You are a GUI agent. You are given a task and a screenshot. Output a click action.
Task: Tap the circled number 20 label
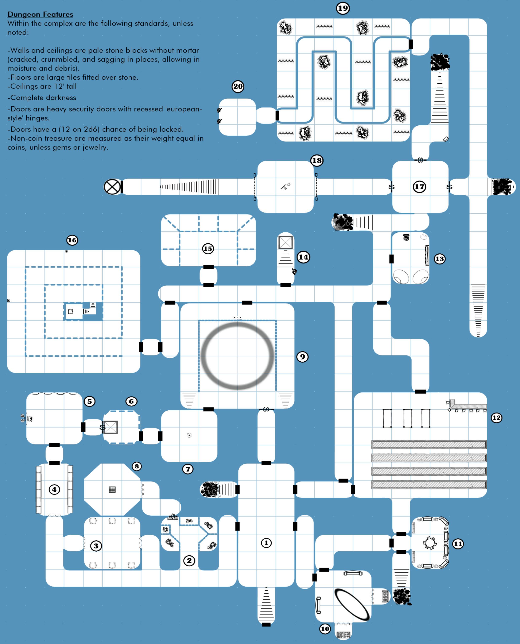pyautogui.click(x=238, y=87)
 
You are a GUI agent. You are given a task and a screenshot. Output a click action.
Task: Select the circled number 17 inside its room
pyautogui.click(x=419, y=187)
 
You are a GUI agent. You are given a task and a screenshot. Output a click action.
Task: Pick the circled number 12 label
pyautogui.click(x=496, y=418)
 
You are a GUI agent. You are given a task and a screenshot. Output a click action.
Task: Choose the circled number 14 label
pyautogui.click(x=303, y=257)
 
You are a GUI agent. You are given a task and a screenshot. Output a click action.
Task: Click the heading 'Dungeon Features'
pyautogui.click(x=40, y=14)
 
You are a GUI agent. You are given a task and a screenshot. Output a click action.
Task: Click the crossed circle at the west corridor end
pyautogui.click(x=112, y=187)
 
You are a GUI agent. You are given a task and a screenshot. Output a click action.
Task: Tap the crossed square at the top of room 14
pyautogui.click(x=286, y=242)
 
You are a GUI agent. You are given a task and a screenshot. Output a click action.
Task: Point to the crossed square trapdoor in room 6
pyautogui.click(x=110, y=427)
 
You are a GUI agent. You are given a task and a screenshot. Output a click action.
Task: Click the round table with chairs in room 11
pyautogui.click(x=430, y=543)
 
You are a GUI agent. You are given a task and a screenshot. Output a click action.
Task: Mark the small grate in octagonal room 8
pyautogui.click(x=112, y=489)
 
